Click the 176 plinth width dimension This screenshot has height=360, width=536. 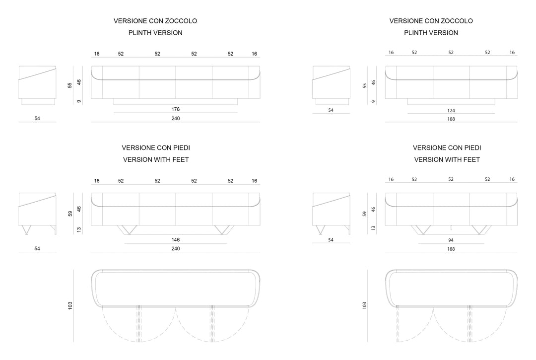[175, 109]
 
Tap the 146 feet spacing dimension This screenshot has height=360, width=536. [175, 240]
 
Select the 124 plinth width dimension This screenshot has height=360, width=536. [451, 110]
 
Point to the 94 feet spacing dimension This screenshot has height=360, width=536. [451, 240]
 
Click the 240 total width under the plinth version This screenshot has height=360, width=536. [175, 118]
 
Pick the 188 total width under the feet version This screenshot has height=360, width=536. [451, 249]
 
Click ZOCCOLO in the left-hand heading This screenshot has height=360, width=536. [181, 21]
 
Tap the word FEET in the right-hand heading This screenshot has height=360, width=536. [471, 160]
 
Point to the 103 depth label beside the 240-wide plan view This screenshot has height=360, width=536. [70, 306]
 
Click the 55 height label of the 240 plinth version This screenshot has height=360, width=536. [70, 85]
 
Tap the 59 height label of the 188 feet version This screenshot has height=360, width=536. [364, 214]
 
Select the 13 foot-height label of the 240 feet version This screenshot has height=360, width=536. [79, 230]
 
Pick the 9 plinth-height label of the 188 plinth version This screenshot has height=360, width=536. [373, 101]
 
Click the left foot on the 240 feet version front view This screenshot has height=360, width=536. [127, 230]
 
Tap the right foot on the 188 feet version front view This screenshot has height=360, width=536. [481, 230]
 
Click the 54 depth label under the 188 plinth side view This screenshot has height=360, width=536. [331, 110]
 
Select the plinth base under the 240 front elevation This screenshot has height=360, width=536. [175, 101]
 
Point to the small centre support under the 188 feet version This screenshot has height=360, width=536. [451, 228]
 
